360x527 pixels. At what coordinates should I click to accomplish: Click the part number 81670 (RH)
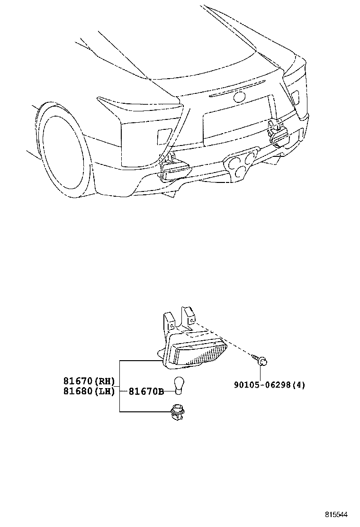coord(89,381)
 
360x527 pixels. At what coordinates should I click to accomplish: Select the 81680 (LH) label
coord(89,391)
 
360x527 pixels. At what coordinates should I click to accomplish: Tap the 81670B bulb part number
coord(146,391)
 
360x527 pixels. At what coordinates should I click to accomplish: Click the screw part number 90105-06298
coord(262,385)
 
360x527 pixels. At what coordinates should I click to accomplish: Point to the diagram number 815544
coord(336,514)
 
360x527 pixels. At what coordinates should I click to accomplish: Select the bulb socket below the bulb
coord(178,412)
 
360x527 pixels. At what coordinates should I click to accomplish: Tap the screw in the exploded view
coord(260,360)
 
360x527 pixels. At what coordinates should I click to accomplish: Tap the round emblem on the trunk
coord(239,97)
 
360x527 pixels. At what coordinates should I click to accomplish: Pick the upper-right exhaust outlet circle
coord(250,158)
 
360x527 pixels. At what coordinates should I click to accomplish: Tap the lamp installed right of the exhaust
coord(278,135)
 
